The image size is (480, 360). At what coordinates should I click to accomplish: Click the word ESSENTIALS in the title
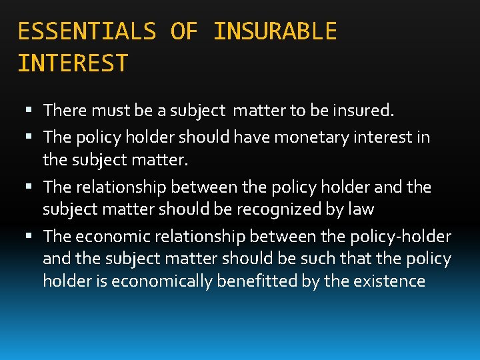[x=86, y=31]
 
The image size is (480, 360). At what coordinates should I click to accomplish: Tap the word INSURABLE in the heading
[x=275, y=31]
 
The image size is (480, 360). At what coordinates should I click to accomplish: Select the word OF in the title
[x=184, y=31]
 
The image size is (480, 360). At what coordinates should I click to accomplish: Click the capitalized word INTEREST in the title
[x=73, y=63]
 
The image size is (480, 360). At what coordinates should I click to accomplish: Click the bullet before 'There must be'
[x=34, y=109]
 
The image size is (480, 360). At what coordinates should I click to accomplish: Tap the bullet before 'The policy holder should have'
[x=34, y=137]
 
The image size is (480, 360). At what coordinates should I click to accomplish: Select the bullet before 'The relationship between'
[x=34, y=187]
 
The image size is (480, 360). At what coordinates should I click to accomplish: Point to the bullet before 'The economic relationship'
[x=34, y=237]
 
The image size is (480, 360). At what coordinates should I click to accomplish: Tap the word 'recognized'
[x=272, y=209]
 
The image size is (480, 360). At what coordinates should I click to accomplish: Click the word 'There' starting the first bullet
[x=64, y=109]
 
